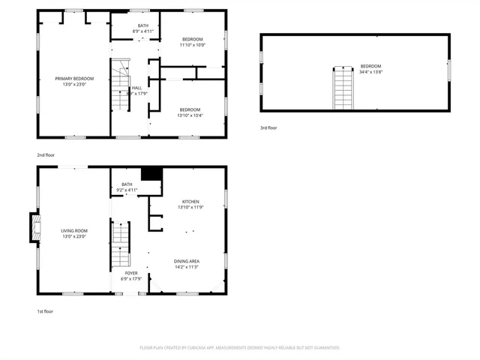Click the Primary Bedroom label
click(74, 81)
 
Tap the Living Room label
click(74, 233)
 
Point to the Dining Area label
click(186, 263)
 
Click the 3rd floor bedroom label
click(370, 68)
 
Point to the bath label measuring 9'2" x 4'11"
click(127, 187)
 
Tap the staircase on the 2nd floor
click(120, 88)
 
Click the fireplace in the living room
click(34, 228)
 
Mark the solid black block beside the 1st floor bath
click(152, 173)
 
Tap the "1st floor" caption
click(45, 310)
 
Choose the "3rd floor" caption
click(269, 128)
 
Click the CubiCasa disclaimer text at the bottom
click(240, 347)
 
